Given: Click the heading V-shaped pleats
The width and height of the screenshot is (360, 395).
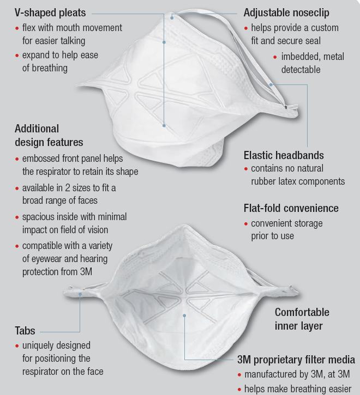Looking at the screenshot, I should point(50,12).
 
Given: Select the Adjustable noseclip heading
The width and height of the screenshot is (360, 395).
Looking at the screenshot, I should point(286,12).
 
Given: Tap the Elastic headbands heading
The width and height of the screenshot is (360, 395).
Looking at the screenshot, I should point(284,155).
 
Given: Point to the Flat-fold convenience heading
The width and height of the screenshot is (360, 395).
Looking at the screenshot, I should point(291,208).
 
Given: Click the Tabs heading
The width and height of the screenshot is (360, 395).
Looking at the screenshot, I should point(25,331).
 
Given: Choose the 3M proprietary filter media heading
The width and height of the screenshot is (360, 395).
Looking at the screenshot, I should point(296,360).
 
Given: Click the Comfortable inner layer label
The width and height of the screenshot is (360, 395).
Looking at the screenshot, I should point(302,319).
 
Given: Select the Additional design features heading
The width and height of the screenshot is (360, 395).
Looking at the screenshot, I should point(49,136).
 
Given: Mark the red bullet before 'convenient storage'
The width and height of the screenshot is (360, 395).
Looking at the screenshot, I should point(246,224).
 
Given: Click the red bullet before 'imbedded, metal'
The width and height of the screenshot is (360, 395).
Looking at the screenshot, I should point(276,57).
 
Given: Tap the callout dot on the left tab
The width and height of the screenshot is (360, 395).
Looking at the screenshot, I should point(80,294).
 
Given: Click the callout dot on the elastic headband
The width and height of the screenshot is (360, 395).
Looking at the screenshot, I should point(271,84).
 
